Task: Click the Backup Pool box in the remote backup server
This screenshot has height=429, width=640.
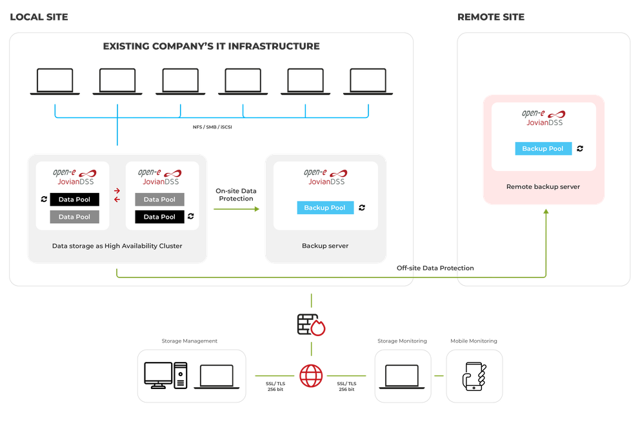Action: [x=543, y=149]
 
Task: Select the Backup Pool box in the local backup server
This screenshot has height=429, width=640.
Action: [x=325, y=208]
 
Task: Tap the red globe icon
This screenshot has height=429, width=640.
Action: [x=311, y=375]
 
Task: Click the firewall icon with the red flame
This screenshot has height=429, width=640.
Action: [x=311, y=325]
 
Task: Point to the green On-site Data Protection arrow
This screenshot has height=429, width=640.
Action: [x=237, y=208]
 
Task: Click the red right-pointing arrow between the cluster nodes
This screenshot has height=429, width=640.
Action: [x=117, y=190]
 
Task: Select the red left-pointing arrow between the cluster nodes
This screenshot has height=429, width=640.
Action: [x=117, y=199]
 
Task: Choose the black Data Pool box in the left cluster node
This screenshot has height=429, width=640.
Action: [x=74, y=199]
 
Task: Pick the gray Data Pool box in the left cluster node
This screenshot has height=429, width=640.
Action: [x=74, y=217]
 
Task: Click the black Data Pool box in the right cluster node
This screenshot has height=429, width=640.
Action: [x=159, y=217]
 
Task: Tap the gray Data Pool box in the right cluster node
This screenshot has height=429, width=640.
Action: [x=159, y=199]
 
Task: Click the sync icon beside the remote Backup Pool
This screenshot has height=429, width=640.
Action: [x=580, y=148]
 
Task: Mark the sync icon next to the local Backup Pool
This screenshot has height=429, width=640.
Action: [x=362, y=208]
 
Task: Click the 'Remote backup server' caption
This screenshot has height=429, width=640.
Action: [x=543, y=186]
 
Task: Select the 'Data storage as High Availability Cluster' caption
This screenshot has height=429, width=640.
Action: [x=117, y=246]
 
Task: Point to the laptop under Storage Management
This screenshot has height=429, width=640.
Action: [x=215, y=377]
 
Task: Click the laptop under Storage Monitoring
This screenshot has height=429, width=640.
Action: [x=401, y=377]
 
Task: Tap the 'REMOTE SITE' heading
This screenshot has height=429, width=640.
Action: [x=491, y=17]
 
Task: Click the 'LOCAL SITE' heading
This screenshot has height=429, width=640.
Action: [x=39, y=17]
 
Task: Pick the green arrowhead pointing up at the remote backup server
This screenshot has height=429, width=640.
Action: [x=546, y=211]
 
